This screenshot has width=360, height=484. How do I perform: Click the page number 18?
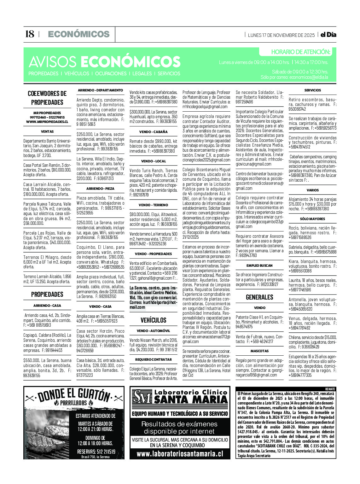coord(29,34)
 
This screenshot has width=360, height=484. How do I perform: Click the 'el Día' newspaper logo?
coord(328,35)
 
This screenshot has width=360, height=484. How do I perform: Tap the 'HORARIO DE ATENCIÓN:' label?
coord(300,52)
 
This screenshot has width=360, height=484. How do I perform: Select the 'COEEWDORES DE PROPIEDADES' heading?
coord(47,98)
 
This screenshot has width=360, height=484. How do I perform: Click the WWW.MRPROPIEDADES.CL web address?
coord(47,122)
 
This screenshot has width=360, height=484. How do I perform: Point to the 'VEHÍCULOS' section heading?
coord(153,320)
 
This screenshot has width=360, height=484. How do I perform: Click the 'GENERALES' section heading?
coord(259,297)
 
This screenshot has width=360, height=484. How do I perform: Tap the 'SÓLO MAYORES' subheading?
coord(312,219)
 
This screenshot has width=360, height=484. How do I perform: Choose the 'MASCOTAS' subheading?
coord(259,351)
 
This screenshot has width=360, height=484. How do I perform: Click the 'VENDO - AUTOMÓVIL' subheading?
coord(153,331)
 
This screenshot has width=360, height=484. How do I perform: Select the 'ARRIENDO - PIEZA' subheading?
coord(100,189)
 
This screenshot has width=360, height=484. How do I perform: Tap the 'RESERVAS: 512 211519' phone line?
coord(96,452)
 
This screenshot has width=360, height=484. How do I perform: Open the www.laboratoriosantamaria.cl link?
coord(180,454)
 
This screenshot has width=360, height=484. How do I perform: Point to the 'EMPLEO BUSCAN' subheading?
coord(259,265)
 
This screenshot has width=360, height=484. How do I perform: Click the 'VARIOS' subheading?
coord(312,190)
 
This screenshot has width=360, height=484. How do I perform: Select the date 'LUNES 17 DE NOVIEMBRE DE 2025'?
coord(281,35)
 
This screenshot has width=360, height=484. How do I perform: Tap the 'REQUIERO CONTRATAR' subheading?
coord(153,359)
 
